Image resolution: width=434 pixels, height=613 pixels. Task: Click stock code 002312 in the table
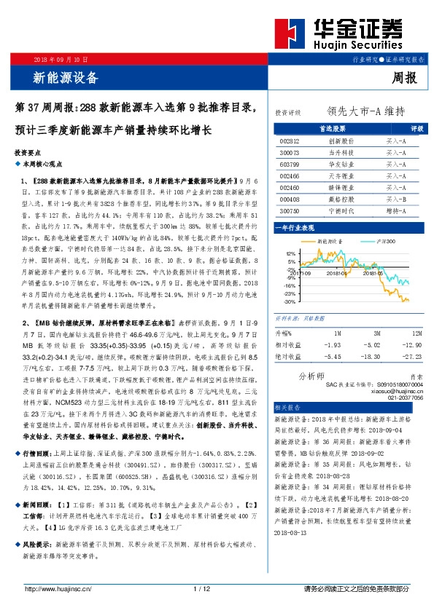click(290, 141)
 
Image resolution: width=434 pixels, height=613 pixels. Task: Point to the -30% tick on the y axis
click(290, 301)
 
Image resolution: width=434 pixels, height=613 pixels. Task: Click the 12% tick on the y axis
click(291, 253)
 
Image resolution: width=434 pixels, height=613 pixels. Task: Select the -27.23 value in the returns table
click(411, 357)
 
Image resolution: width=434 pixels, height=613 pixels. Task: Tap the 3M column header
click(372, 332)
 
